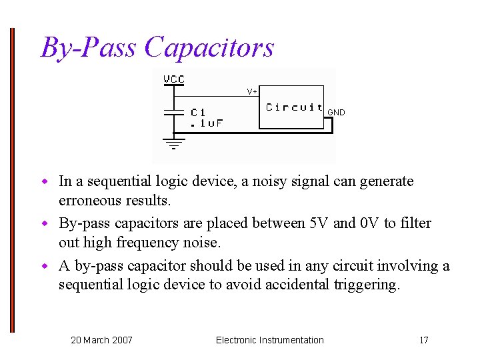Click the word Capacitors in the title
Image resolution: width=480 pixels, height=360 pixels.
(209, 48)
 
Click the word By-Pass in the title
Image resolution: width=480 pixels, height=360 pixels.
(89, 48)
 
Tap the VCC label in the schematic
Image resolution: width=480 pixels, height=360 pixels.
(174, 79)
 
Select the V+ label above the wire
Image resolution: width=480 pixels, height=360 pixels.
(252, 91)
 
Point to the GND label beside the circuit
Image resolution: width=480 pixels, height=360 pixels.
(336, 113)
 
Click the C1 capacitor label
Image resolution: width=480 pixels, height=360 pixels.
(198, 113)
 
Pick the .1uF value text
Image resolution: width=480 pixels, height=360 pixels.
(206, 123)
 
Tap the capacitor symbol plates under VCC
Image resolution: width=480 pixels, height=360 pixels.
(174, 113)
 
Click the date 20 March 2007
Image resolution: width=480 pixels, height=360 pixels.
(101, 340)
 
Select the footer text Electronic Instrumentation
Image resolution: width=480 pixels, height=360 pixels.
(269, 340)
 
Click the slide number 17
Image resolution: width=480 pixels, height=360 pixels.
(423, 340)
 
